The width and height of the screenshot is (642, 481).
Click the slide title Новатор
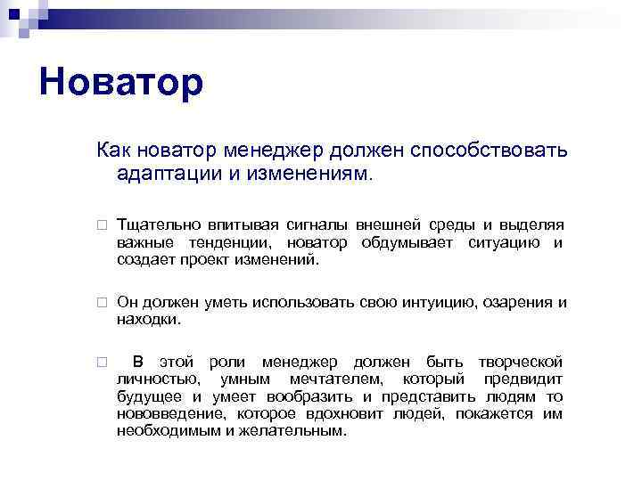(121, 83)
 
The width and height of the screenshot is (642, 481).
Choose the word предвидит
(523, 379)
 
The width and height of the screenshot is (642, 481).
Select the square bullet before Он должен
(103, 303)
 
